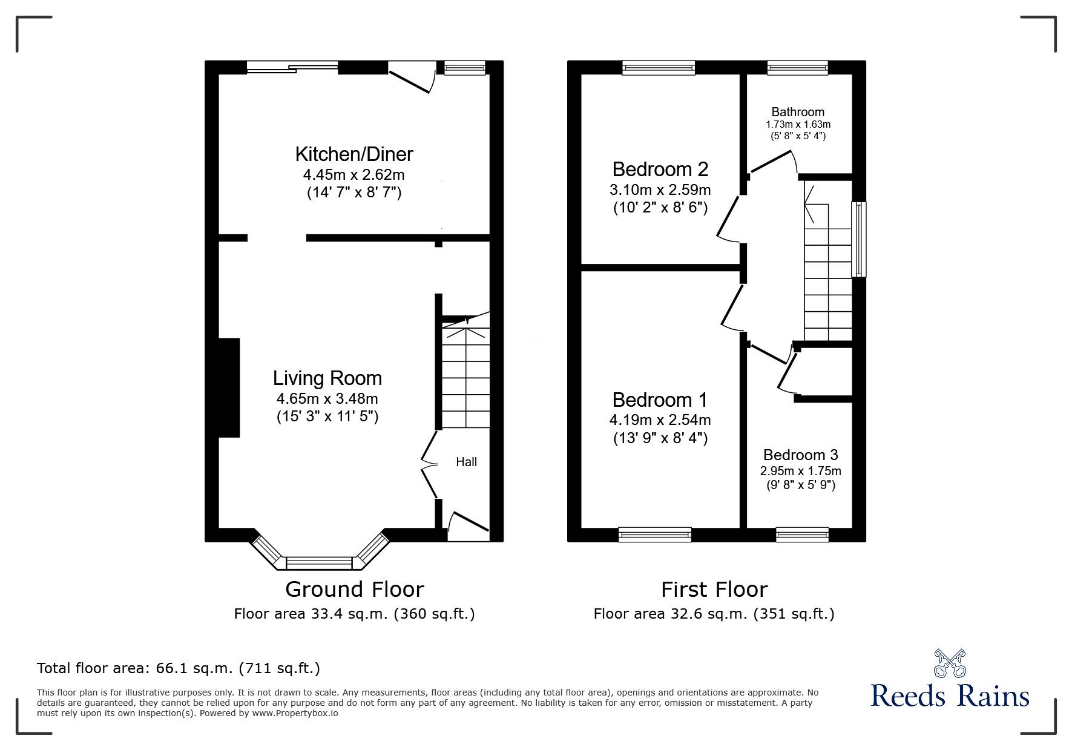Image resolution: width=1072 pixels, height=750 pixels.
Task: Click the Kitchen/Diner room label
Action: point(353,154)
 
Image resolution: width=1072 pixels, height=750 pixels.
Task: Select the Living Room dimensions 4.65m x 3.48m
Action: point(327,399)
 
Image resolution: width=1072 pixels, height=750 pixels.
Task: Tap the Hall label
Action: point(466,462)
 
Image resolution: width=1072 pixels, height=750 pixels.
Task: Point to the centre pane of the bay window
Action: point(318,564)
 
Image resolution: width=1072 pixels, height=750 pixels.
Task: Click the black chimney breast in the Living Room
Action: point(229,387)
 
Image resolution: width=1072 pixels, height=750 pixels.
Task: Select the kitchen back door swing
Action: point(412,79)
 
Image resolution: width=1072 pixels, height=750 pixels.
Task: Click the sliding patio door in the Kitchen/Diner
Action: point(292,68)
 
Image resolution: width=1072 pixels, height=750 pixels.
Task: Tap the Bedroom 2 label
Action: point(660,169)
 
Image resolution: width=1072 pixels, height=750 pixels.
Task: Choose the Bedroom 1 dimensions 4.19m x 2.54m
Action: point(660,419)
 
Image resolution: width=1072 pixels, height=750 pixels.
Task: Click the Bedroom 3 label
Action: point(800,455)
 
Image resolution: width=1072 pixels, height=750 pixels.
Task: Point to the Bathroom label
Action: point(798,112)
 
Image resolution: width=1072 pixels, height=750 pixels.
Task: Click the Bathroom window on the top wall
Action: point(797,68)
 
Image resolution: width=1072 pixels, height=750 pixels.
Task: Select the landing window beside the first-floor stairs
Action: point(858,239)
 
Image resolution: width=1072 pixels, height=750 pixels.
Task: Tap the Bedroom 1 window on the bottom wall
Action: point(654,534)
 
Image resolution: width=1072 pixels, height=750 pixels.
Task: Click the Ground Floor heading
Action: point(354,589)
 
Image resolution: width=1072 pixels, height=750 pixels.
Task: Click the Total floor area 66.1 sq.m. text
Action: point(178,668)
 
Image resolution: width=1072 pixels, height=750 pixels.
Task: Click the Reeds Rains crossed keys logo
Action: point(950,663)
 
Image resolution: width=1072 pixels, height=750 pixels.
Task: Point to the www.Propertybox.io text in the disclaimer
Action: point(295,713)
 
